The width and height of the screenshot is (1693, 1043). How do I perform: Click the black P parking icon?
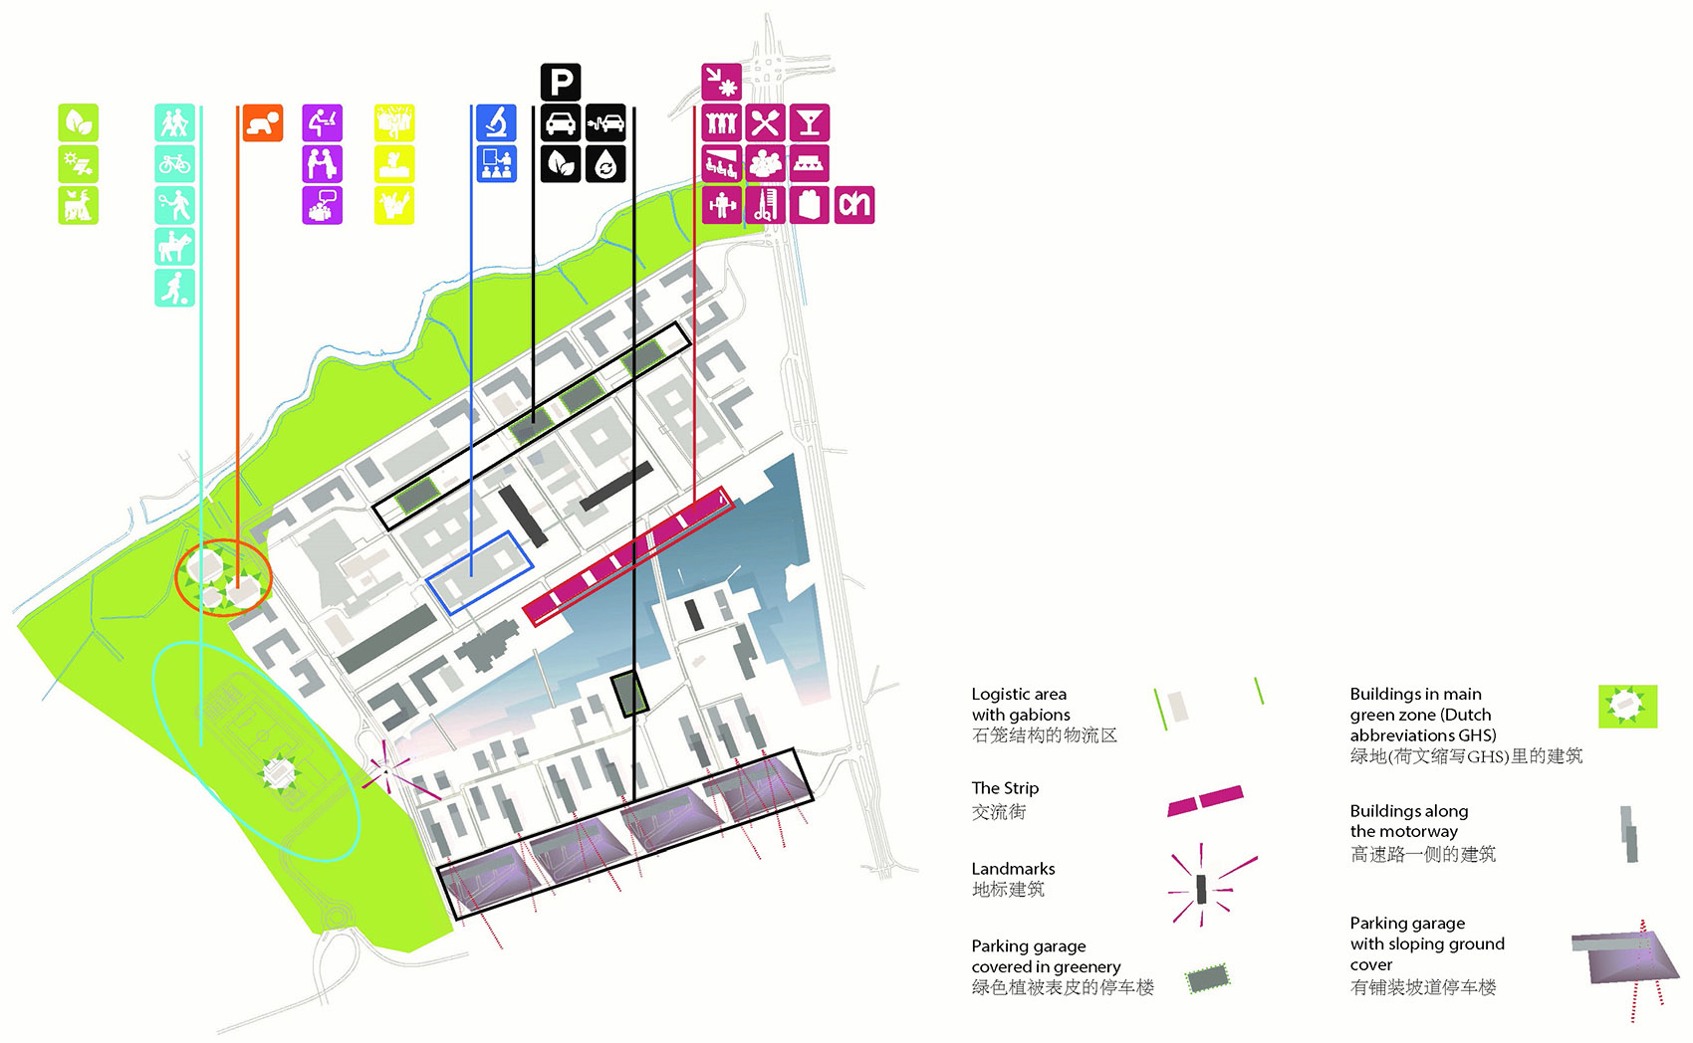click(560, 82)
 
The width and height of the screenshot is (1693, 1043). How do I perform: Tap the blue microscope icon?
click(496, 122)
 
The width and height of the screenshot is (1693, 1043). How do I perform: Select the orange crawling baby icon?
click(263, 122)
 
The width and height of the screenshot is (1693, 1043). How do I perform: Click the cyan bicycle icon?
click(174, 164)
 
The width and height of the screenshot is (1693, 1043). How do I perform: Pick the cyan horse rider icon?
click(174, 246)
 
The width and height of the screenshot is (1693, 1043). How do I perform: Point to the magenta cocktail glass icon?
click(810, 122)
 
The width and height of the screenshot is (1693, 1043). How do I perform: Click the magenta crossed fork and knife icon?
click(765, 122)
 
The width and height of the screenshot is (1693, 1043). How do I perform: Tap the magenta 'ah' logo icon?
click(854, 205)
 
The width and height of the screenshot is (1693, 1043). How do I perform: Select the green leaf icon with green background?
click(79, 122)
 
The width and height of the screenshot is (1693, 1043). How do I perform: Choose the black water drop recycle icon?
click(605, 164)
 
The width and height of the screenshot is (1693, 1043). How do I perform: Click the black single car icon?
click(560, 122)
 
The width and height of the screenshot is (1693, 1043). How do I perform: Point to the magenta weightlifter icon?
click(721, 205)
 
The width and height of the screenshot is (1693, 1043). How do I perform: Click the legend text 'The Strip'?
click(1005, 788)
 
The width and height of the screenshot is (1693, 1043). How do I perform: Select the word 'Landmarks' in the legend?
click(1013, 869)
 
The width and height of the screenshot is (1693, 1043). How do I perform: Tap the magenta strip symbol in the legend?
click(1205, 800)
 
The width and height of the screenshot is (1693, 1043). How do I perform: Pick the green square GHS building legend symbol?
click(1627, 707)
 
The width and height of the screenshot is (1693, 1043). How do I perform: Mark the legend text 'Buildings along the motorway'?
click(1409, 821)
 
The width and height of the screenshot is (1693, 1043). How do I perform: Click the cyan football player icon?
click(174, 288)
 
